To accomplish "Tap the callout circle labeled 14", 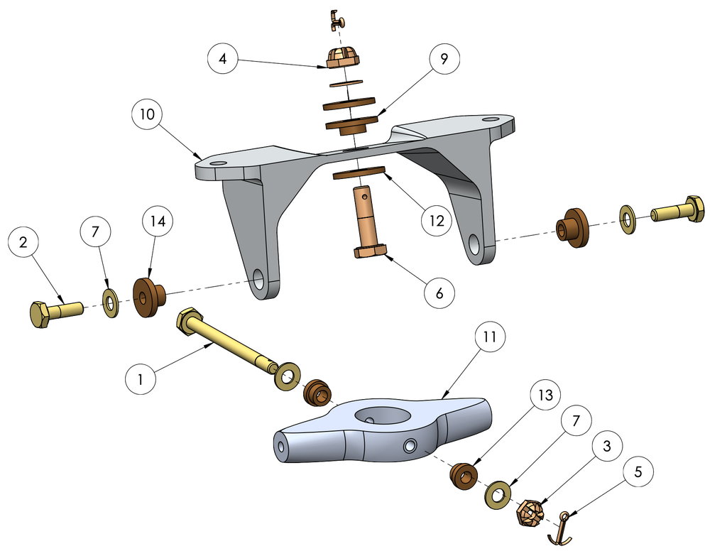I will point(158,222).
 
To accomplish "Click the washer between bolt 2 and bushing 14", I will point(111,303).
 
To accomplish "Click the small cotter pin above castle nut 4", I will point(339,18).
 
